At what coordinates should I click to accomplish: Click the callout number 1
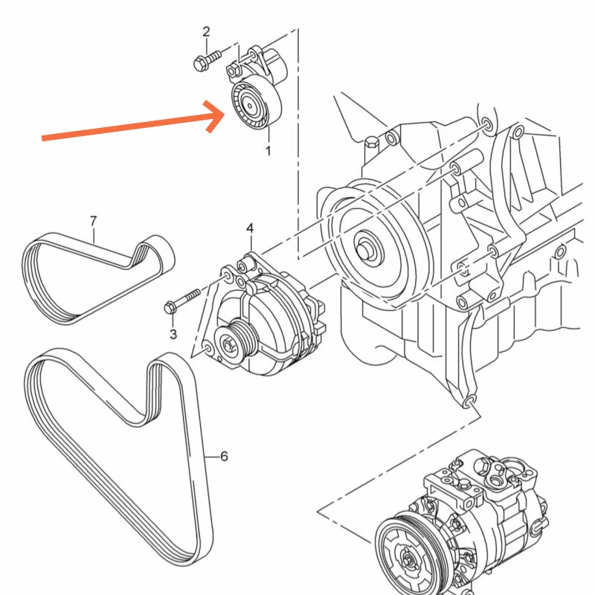click(x=268, y=151)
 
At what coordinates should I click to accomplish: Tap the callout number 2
click(x=206, y=31)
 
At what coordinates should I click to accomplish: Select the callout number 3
click(x=173, y=334)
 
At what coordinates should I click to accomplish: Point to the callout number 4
click(x=250, y=227)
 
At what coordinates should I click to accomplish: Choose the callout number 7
click(x=93, y=221)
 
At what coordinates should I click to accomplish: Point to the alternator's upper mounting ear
click(x=245, y=263)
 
